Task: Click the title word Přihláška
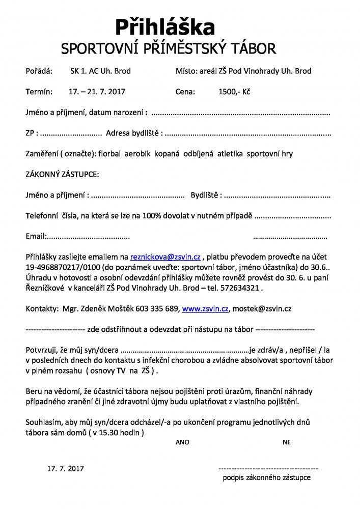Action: coord(164,26)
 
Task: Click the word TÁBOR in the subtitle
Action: coord(256,49)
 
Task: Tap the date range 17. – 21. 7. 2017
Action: coord(97,92)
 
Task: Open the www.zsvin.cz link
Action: coord(206,308)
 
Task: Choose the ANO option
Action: coord(182,442)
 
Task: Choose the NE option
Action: coord(287,442)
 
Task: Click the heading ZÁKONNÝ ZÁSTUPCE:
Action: coord(62,174)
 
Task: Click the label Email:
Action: coord(36,236)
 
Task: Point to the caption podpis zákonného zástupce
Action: coord(266,477)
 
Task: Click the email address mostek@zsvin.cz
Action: coord(262,308)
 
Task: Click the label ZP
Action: coord(30,133)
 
